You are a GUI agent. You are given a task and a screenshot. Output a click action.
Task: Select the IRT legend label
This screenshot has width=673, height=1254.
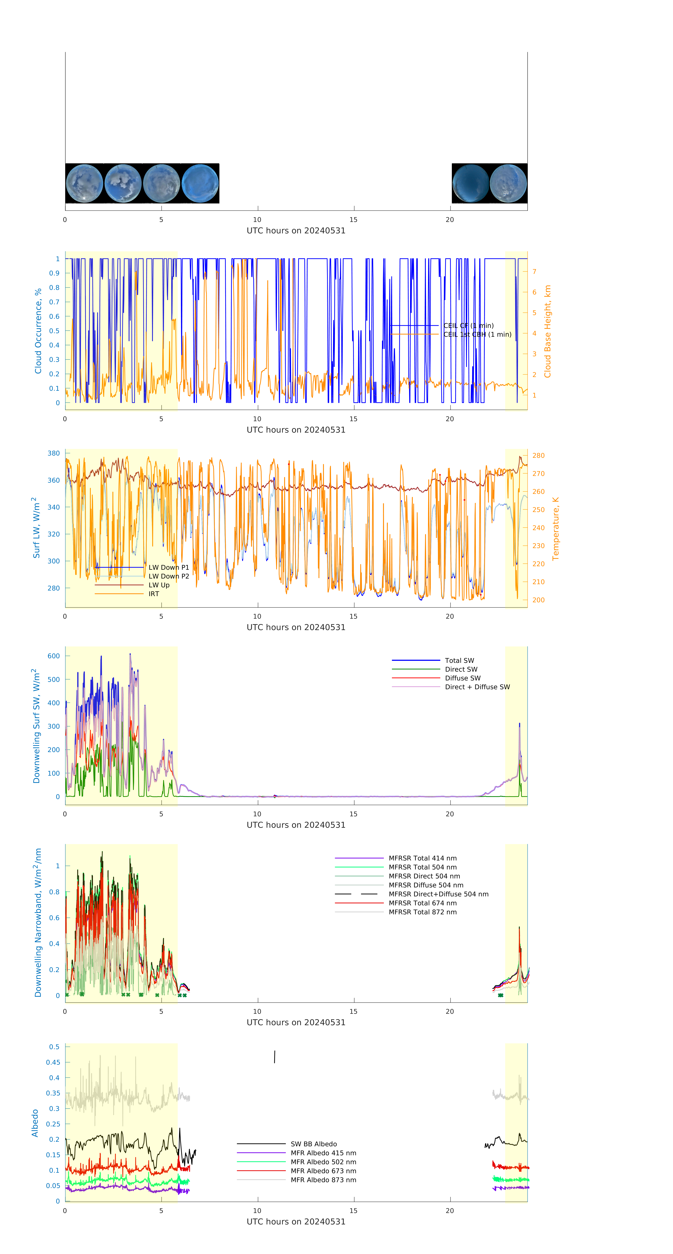[x=154, y=594]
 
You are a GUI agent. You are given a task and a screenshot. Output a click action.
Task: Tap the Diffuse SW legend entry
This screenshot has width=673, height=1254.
[x=462, y=678]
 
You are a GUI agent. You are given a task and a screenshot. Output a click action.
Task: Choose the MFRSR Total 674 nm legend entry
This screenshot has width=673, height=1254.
[x=422, y=903]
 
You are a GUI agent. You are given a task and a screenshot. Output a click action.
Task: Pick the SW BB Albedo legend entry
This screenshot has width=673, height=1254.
[x=313, y=1144]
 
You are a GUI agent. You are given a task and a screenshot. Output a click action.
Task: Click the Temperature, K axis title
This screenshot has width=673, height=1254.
[x=555, y=529]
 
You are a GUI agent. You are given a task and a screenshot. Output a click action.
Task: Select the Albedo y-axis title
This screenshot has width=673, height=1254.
[x=35, y=1123]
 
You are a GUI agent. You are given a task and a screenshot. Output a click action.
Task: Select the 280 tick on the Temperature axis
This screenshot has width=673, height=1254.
[x=538, y=456]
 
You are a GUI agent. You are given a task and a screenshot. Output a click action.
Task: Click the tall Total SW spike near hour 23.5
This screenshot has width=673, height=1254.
[x=519, y=724]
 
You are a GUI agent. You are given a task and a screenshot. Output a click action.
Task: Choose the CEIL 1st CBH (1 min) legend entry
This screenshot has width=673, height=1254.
[x=477, y=334]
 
